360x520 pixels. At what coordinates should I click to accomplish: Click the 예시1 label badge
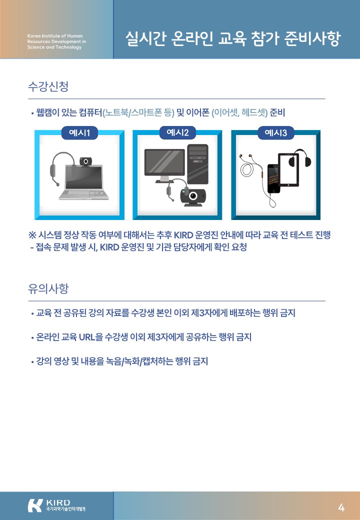coord(79,133)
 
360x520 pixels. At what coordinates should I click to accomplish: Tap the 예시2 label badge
coord(177,132)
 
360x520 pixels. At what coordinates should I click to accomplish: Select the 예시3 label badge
coord(275,133)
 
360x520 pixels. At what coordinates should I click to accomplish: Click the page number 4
coord(341,507)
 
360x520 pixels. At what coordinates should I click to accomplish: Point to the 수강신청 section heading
coord(48,86)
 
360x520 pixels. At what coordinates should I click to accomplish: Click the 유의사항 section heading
coord(48,288)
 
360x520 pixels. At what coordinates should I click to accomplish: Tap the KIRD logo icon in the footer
coord(35,505)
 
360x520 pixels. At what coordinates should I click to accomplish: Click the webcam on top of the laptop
coord(85,161)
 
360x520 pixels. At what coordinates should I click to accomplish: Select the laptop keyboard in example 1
coord(83,193)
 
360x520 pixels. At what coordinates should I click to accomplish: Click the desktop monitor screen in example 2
coord(164,162)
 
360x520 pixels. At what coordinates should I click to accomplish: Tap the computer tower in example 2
coord(197,164)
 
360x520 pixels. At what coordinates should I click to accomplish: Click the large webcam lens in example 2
coord(193,196)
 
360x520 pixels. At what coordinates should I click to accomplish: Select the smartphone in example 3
coord(273,178)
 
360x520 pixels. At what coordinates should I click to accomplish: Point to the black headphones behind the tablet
coord(300,158)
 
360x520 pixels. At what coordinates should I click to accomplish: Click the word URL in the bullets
coord(87,337)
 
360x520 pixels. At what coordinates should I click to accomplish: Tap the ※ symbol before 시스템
coord(32,235)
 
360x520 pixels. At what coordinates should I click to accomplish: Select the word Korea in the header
coord(34,36)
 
